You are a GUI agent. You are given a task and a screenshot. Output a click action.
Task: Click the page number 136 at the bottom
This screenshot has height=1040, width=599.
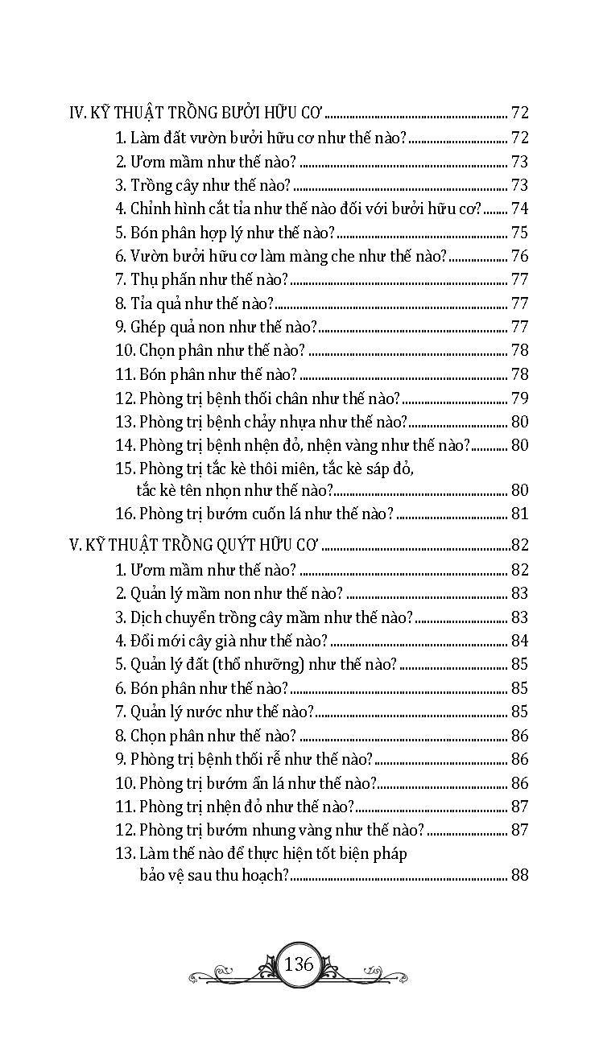pos(299,964)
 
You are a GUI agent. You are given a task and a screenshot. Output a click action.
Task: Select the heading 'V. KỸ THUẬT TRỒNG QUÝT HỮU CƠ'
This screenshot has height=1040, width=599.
pos(195,546)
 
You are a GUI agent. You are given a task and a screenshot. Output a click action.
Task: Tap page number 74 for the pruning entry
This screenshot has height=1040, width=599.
pos(519,209)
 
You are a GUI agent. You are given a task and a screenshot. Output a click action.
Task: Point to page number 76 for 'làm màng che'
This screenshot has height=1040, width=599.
pos(519,257)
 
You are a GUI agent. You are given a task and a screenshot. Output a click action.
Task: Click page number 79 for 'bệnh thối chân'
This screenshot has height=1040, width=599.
pos(519,398)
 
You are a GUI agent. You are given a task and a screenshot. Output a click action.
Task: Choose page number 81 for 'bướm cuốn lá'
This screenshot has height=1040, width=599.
pos(519,514)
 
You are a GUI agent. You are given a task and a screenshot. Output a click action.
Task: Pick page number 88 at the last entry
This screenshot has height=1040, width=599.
pos(519,876)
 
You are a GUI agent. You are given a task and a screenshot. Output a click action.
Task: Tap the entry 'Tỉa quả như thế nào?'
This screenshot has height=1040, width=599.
pos(203,304)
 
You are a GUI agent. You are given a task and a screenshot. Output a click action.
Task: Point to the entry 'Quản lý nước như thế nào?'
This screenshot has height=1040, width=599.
pos(222,712)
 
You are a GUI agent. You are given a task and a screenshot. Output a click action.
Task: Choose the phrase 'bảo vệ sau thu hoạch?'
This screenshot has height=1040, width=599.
pos(213,876)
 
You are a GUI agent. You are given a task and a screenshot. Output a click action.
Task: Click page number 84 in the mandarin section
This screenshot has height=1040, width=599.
pos(519,642)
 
